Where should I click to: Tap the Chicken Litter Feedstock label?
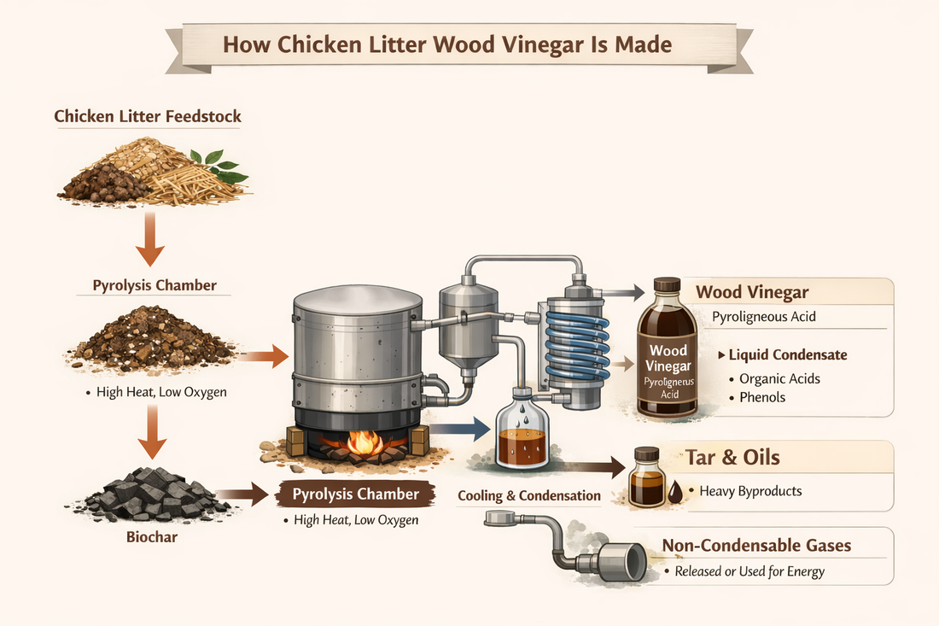pyautogui.click(x=148, y=116)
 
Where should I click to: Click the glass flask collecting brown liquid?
pyautogui.click(x=521, y=431)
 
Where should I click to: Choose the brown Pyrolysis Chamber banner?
pyautogui.click(x=356, y=494)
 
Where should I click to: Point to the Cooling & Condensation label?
pyautogui.click(x=528, y=496)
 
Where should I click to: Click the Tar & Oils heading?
pyautogui.click(x=732, y=458)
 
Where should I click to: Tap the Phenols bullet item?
pyautogui.click(x=761, y=397)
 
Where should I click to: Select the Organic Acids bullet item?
pyautogui.click(x=779, y=377)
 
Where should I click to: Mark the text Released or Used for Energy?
pyautogui.click(x=749, y=571)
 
